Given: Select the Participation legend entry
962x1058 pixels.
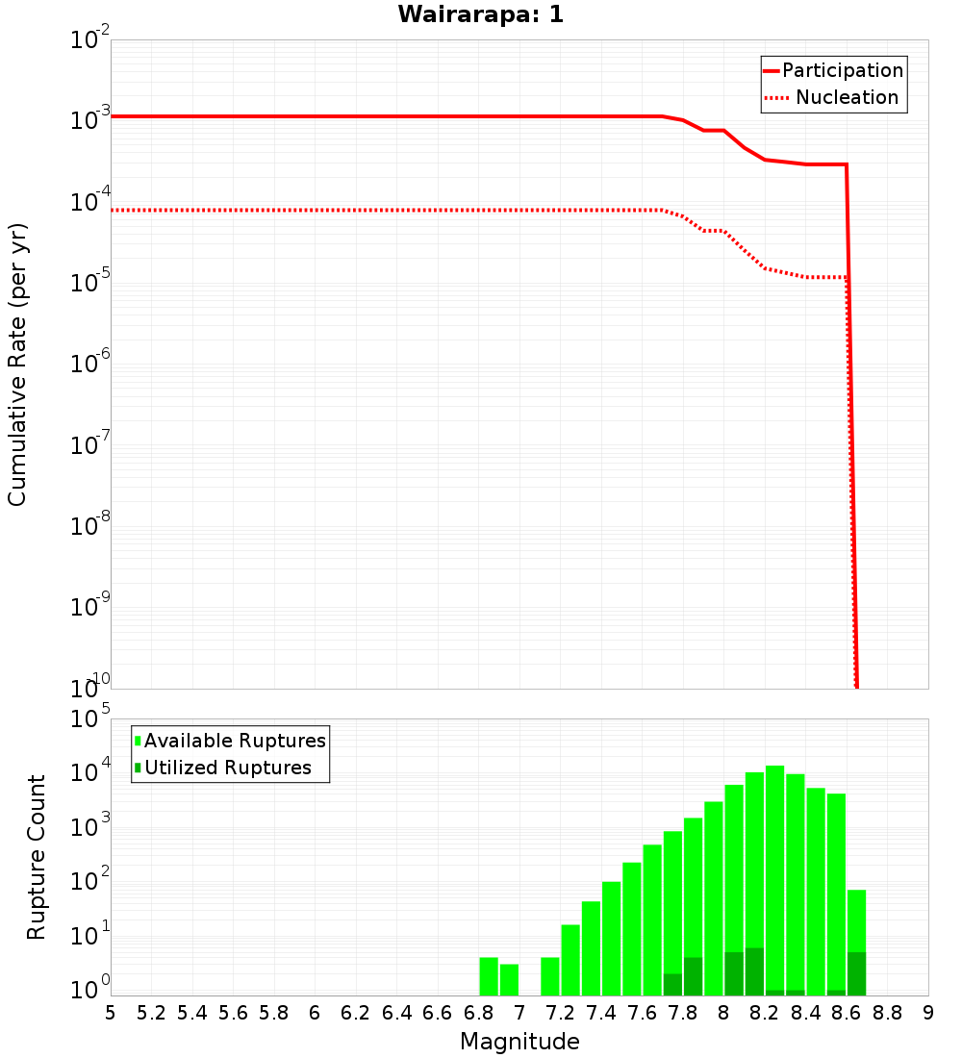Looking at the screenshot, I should pos(842,70).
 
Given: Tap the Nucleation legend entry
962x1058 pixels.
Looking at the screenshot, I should pos(847,97).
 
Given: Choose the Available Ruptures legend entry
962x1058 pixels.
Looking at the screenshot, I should pos(235,741).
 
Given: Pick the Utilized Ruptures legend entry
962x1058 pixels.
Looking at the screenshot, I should pos(227,768).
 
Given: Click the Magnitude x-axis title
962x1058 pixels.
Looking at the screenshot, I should pos(519,1041).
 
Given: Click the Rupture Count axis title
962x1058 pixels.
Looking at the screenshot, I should pos(37,856).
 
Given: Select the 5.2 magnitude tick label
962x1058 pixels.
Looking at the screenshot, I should pos(151,1012).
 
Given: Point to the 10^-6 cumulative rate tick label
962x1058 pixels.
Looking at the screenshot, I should pos(91,362).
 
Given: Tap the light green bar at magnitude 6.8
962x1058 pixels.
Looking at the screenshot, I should pos(489,976).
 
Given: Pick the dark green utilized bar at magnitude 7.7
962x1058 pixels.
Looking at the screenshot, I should pos(672,984).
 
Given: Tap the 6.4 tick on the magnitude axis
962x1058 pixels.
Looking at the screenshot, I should pos(396,1012).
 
